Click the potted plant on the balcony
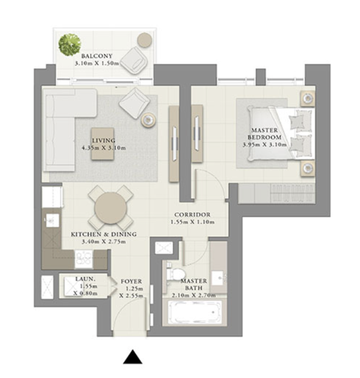pos(70,45)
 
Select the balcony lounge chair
pos(134,60)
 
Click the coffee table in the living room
pos(103,144)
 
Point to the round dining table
pos(111,208)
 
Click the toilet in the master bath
pos(176,274)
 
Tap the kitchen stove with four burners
pos(84,260)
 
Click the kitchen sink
pos(52,220)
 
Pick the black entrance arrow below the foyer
pos(132,357)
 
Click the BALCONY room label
pos(97,56)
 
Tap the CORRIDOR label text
pos(192,214)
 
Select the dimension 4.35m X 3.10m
pos(104,148)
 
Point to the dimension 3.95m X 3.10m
pos(265,145)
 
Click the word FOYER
pos(131,282)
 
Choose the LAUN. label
pos(85,279)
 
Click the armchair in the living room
pos(134,103)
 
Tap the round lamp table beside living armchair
pos(148,120)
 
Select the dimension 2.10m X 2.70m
pos(194,295)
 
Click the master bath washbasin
pos(218,278)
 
